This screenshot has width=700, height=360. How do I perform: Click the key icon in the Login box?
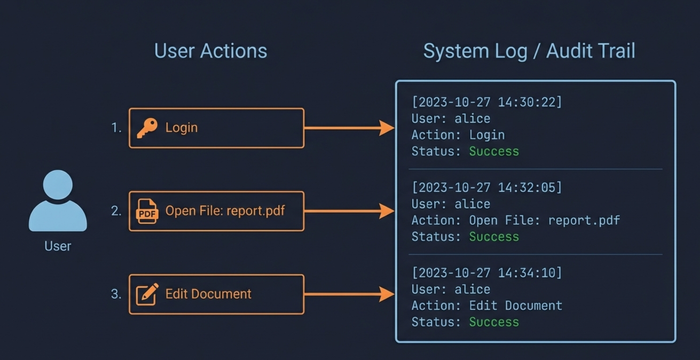point(147,128)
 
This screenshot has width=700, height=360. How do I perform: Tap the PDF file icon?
point(147,211)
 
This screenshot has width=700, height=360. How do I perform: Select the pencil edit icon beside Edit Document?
point(147,294)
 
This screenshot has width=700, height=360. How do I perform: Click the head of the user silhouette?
point(58,185)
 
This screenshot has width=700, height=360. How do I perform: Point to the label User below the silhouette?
point(58,246)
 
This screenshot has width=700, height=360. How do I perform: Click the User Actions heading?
point(210,51)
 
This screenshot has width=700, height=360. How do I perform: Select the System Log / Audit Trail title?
point(529,51)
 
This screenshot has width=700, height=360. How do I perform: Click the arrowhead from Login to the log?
point(387,128)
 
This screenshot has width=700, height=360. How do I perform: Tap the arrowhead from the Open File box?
point(387,211)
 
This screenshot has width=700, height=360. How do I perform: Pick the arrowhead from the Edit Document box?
point(387,294)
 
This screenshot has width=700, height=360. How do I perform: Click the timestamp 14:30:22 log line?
point(486,102)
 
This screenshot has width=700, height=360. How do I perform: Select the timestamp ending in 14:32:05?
point(486,187)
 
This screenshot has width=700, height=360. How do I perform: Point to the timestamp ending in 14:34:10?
point(486,273)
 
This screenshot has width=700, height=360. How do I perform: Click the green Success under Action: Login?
point(494,152)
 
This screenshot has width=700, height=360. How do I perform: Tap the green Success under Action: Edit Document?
point(494,322)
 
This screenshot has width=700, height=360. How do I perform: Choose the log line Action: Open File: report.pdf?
point(515,220)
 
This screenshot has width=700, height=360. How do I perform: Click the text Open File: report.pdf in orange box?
point(225,211)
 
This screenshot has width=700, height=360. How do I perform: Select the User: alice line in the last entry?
point(451,289)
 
